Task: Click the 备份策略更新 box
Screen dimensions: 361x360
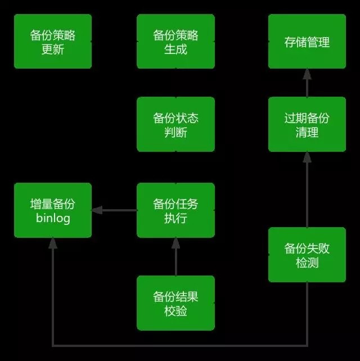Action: point(53,42)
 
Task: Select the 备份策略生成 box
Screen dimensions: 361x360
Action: point(175,42)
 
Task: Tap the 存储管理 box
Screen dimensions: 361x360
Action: point(307,42)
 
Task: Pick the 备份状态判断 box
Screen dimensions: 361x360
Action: point(175,124)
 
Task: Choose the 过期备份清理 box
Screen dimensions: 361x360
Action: point(307,124)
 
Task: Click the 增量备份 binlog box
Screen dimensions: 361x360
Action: point(53,210)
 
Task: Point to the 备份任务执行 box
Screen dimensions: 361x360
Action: point(175,210)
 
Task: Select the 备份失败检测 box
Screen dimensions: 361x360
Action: point(307,255)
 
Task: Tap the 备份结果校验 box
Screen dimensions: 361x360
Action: point(175,303)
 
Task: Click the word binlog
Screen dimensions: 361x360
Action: point(53,218)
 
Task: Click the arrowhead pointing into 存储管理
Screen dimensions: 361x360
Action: point(307,74)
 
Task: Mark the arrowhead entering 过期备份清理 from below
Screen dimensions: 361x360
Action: point(307,157)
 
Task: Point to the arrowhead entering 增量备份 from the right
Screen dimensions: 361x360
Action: point(97,210)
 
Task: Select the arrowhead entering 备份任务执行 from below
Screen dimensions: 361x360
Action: point(175,243)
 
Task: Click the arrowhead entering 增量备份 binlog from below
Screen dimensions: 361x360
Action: point(53,243)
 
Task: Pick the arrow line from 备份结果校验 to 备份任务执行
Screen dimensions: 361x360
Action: point(175,261)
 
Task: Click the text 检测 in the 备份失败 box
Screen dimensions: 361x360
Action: point(307,263)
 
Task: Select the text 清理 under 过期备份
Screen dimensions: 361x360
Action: point(307,133)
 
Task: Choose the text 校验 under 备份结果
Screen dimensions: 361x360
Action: point(175,310)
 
